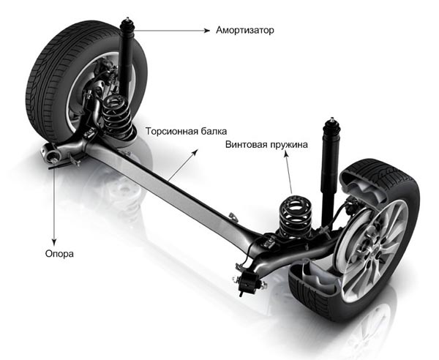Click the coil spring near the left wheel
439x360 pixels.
(118, 116)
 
